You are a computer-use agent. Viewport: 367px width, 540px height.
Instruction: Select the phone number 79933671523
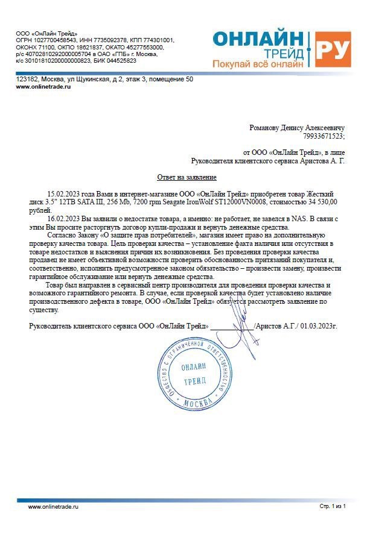[325, 137]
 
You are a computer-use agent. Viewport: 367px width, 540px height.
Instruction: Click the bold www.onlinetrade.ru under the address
[43, 87]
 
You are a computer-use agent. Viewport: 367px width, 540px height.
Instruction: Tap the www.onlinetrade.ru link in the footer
[54, 507]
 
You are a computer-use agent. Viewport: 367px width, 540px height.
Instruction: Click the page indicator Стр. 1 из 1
[333, 507]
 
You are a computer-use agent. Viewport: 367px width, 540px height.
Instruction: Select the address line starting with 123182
[104, 79]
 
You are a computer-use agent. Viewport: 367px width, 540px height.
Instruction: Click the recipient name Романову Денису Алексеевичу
[298, 128]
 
